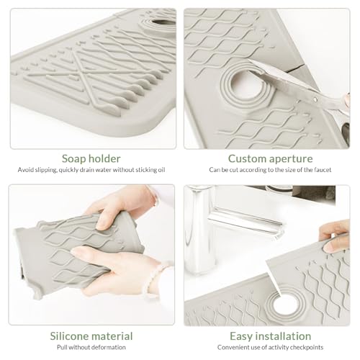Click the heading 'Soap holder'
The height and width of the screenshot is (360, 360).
tap(91, 158)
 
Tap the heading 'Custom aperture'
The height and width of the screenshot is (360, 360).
tap(271, 158)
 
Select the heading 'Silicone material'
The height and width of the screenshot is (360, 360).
tap(91, 336)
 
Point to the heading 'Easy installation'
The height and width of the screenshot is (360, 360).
tap(271, 336)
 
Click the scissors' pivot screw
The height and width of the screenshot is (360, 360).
tap(315, 99)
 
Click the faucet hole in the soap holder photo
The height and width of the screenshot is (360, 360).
tap(164, 22)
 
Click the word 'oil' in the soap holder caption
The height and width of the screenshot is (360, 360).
tap(161, 170)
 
